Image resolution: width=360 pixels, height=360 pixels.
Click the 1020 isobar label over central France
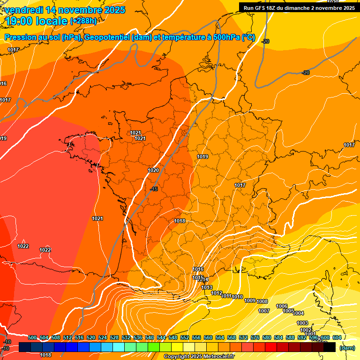(x=153, y=170)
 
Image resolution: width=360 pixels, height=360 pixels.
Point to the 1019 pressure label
(x=202, y=157)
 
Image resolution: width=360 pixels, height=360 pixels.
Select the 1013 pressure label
(x=207, y=288)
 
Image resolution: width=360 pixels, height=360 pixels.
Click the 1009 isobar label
(x=250, y=301)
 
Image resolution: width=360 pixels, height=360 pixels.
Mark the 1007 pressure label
(x=264, y=311)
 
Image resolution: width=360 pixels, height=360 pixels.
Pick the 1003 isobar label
(x=302, y=323)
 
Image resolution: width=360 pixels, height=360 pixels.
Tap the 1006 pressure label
(x=282, y=306)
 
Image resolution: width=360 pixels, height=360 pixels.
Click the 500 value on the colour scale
(x=32, y=337)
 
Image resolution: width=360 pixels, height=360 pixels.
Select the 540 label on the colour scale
(x=150, y=337)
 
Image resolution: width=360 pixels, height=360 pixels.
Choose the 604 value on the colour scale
(x=337, y=337)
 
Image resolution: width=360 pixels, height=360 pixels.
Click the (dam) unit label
(x=347, y=348)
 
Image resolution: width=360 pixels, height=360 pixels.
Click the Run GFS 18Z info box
(x=299, y=7)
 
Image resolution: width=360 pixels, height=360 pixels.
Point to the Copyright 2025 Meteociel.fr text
(x=199, y=357)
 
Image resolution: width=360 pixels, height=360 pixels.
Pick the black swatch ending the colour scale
(x=330, y=347)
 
